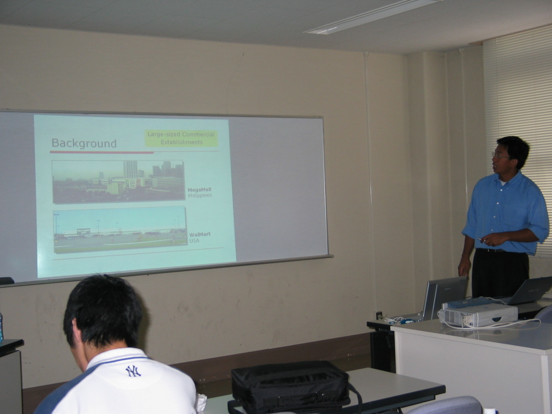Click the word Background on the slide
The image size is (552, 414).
click(x=84, y=143)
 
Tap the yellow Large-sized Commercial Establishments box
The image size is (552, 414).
click(x=181, y=138)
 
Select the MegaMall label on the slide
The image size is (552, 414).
click(x=199, y=190)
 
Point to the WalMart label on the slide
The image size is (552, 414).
click(x=199, y=234)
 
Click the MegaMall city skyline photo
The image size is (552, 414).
click(x=118, y=182)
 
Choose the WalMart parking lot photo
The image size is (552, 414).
click(x=120, y=230)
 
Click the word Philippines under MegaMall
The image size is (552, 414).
click(x=199, y=195)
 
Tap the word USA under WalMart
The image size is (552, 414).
click(x=194, y=240)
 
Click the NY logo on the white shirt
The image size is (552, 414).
click(x=133, y=371)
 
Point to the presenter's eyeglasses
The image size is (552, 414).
click(x=500, y=155)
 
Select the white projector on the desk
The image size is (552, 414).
click(x=478, y=313)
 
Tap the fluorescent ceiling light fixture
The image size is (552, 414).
click(x=372, y=16)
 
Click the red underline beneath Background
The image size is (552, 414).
click(x=102, y=153)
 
